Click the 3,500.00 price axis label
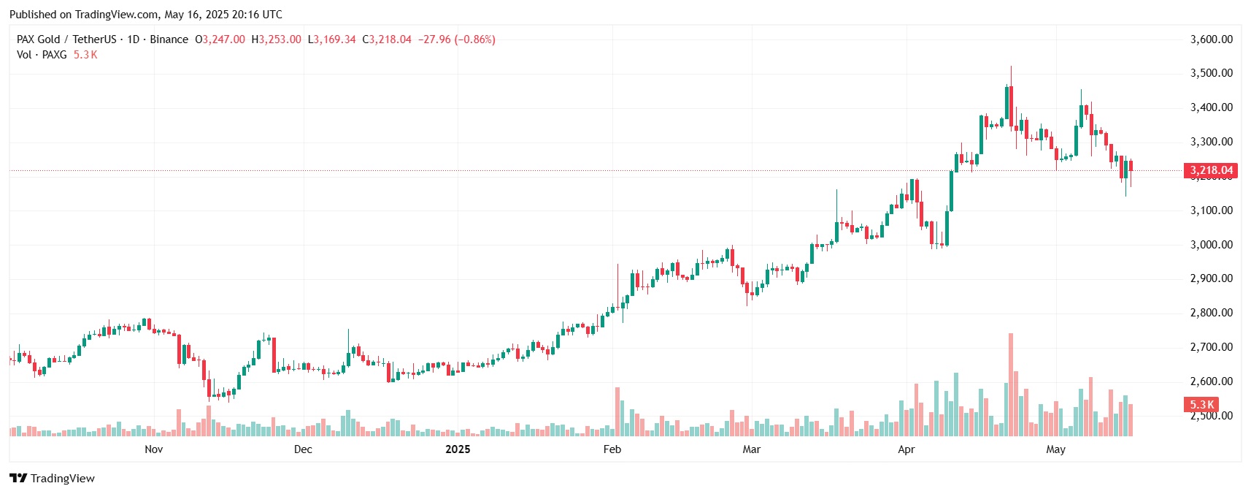(1211, 73)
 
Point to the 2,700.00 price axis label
(1211, 347)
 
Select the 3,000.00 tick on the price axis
(1211, 245)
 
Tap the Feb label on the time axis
(612, 449)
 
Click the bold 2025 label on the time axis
(458, 449)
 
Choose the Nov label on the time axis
(153, 449)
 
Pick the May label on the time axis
(1055, 449)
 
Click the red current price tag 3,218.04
(1211, 170)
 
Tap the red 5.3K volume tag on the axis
(1201, 404)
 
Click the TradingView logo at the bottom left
(52, 479)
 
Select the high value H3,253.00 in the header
(276, 39)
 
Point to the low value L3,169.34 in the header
(331, 39)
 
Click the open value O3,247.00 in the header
(220, 39)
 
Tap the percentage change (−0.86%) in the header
(474, 39)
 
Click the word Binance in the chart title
(169, 39)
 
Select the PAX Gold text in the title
(38, 39)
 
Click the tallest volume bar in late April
(1011, 385)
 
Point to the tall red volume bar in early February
(617, 412)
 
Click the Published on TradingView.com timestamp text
(146, 15)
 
